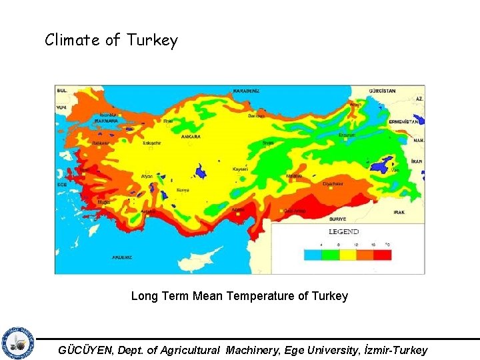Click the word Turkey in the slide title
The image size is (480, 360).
[155, 41]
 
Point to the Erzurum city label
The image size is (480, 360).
[347, 135]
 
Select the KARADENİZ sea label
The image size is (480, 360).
[246, 91]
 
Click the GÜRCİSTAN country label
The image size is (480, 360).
[383, 91]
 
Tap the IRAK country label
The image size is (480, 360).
[399, 212]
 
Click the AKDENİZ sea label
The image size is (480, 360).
[122, 257]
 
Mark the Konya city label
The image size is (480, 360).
[183, 190]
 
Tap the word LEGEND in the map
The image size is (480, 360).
[343, 232]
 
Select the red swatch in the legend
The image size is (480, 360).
[381, 255]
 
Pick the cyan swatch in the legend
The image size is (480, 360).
[313, 255]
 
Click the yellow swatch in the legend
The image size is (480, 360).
[347, 255]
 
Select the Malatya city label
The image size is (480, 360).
[294, 176]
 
